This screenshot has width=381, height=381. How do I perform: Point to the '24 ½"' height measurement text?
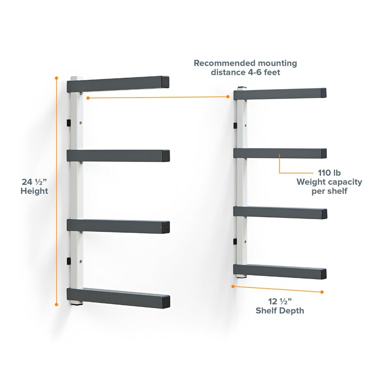34,181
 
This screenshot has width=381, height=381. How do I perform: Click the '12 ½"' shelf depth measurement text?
280,301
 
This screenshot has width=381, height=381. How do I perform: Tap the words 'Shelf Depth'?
280,311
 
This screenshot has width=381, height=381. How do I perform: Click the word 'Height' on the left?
34,191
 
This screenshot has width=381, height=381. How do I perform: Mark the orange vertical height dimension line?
57,190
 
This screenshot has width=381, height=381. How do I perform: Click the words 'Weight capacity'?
330,182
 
